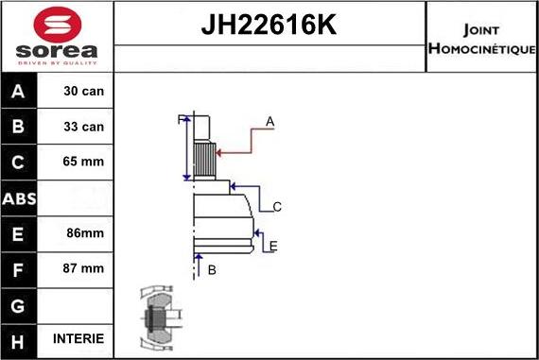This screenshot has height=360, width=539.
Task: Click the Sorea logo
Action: [x=57, y=37]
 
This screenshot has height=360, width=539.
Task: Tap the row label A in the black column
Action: [x=20, y=92]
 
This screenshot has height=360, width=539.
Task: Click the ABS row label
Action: [x=20, y=197]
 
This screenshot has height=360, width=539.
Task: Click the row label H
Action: [x=20, y=338]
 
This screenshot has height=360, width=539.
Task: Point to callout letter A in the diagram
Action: [x=269, y=121]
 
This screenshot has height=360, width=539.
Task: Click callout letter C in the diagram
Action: [x=277, y=206]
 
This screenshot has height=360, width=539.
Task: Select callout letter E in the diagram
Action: [x=272, y=247]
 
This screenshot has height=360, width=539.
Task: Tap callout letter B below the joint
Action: [x=212, y=269]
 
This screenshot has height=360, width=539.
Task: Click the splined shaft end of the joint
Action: [x=202, y=150]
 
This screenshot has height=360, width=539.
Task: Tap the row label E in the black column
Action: [x=20, y=232]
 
